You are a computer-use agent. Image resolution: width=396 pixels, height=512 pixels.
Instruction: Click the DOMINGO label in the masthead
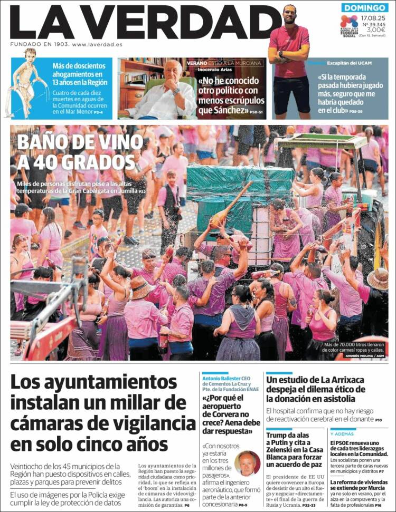pos(364,8)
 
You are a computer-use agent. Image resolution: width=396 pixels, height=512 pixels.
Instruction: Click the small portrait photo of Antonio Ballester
pos(247,463)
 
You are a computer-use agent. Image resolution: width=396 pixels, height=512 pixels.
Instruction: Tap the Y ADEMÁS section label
pos(343,433)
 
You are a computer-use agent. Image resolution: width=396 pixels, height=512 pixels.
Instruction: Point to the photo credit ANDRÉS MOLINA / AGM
pos(364,356)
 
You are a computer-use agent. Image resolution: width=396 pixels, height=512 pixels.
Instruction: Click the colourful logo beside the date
pos(348,22)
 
